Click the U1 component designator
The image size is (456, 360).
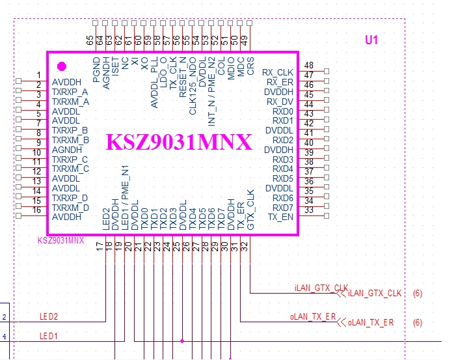tap(371, 40)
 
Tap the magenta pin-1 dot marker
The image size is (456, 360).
tap(62, 66)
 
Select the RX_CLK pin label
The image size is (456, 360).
tap(278, 72)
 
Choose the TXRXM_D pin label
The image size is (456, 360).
tap(70, 208)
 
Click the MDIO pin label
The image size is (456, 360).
tap(231, 70)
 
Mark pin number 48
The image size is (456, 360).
tap(309, 66)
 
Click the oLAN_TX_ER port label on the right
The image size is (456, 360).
tap(371, 322)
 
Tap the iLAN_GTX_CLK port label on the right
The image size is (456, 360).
tap(375, 294)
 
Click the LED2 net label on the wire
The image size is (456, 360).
tap(49, 317)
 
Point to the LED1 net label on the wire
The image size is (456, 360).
tap(49, 336)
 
